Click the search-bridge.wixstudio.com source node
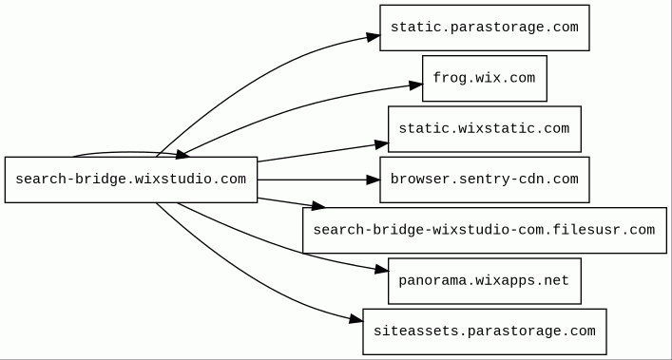131,180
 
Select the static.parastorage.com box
485,28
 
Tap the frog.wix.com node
485,78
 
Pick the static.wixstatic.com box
485,129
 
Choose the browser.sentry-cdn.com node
485,180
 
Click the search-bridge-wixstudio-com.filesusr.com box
485,230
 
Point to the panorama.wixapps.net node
485,281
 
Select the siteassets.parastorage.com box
485,332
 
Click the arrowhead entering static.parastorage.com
374,37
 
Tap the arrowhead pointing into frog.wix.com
415,85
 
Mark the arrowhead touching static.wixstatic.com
381,144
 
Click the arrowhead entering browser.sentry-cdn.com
374,180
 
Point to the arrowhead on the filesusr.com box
318,206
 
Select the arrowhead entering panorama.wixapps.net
381,269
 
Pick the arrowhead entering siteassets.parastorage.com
356,319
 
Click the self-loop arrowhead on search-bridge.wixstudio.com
183,154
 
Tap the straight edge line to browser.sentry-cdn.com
313,180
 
